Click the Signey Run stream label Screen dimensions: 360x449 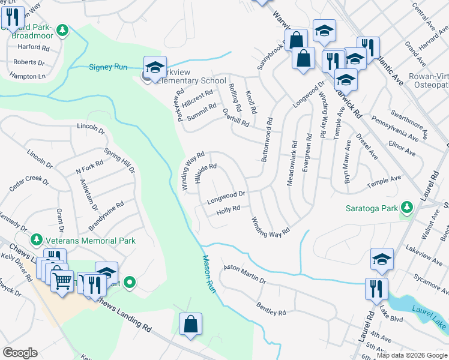tap(109, 67)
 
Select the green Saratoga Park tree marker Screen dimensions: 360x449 tap(408, 208)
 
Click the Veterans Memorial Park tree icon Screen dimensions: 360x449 tap(36, 240)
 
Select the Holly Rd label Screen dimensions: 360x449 tap(228, 209)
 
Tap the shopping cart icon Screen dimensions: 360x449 tap(62, 280)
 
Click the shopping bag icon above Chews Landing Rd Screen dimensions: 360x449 tap(190, 324)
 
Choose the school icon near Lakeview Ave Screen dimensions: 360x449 tap(382, 259)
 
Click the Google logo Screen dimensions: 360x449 tap(20, 353)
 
